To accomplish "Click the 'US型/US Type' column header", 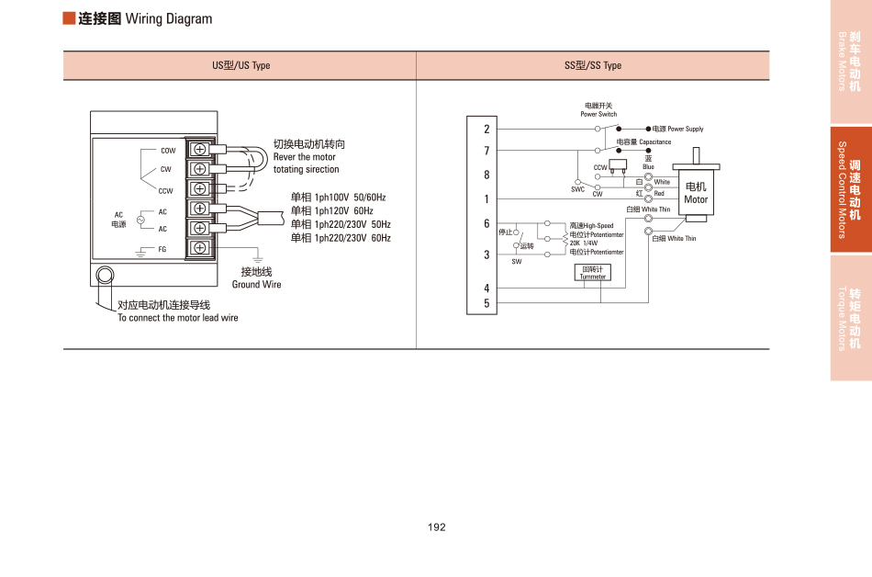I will pyautogui.click(x=241, y=66).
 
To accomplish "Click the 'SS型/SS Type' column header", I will pyautogui.click(x=593, y=66).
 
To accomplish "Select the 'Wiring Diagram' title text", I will pyautogui.click(x=168, y=19).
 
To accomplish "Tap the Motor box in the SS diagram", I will pyautogui.click(x=696, y=193).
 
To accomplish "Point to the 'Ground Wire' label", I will pyautogui.click(x=257, y=285).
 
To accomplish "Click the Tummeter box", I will pyautogui.click(x=593, y=272).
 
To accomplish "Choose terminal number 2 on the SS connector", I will pyautogui.click(x=487, y=130).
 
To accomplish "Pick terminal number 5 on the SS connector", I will pyautogui.click(x=487, y=303).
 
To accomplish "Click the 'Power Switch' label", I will pyautogui.click(x=598, y=114).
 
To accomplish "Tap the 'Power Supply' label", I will pyautogui.click(x=685, y=130).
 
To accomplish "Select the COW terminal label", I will pyautogui.click(x=168, y=151).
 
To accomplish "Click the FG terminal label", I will pyautogui.click(x=162, y=249).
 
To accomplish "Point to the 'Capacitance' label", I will pyautogui.click(x=655, y=142).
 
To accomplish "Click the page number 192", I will pyautogui.click(x=436, y=527).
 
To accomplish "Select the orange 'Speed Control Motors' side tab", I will pyautogui.click(x=851, y=189).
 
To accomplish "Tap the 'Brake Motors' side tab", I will pyautogui.click(x=851, y=62).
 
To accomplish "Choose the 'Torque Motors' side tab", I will pyautogui.click(x=851, y=318).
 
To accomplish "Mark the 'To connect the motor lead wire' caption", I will pyautogui.click(x=177, y=318).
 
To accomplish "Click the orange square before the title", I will pyautogui.click(x=69, y=19).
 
